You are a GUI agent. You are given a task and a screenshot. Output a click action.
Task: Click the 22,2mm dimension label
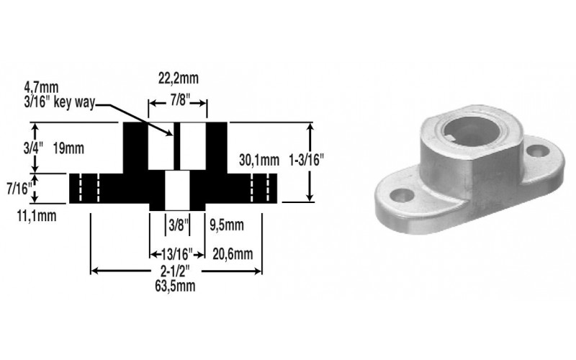coord(179,78)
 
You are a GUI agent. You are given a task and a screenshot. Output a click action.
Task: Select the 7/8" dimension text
coord(179,100)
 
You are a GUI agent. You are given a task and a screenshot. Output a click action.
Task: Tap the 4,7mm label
coord(41,88)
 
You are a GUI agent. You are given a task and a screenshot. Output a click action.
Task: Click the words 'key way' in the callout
coord(74,102)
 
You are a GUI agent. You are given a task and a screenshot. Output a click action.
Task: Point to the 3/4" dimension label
coord(33,148)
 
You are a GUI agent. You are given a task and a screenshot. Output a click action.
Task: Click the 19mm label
coord(68,148)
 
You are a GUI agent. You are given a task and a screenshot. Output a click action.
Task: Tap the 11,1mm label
coord(37,216)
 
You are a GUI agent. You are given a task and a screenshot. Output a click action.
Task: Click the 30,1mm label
coord(259,160)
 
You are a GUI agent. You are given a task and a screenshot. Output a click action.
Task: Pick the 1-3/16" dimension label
coord(307,160)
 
